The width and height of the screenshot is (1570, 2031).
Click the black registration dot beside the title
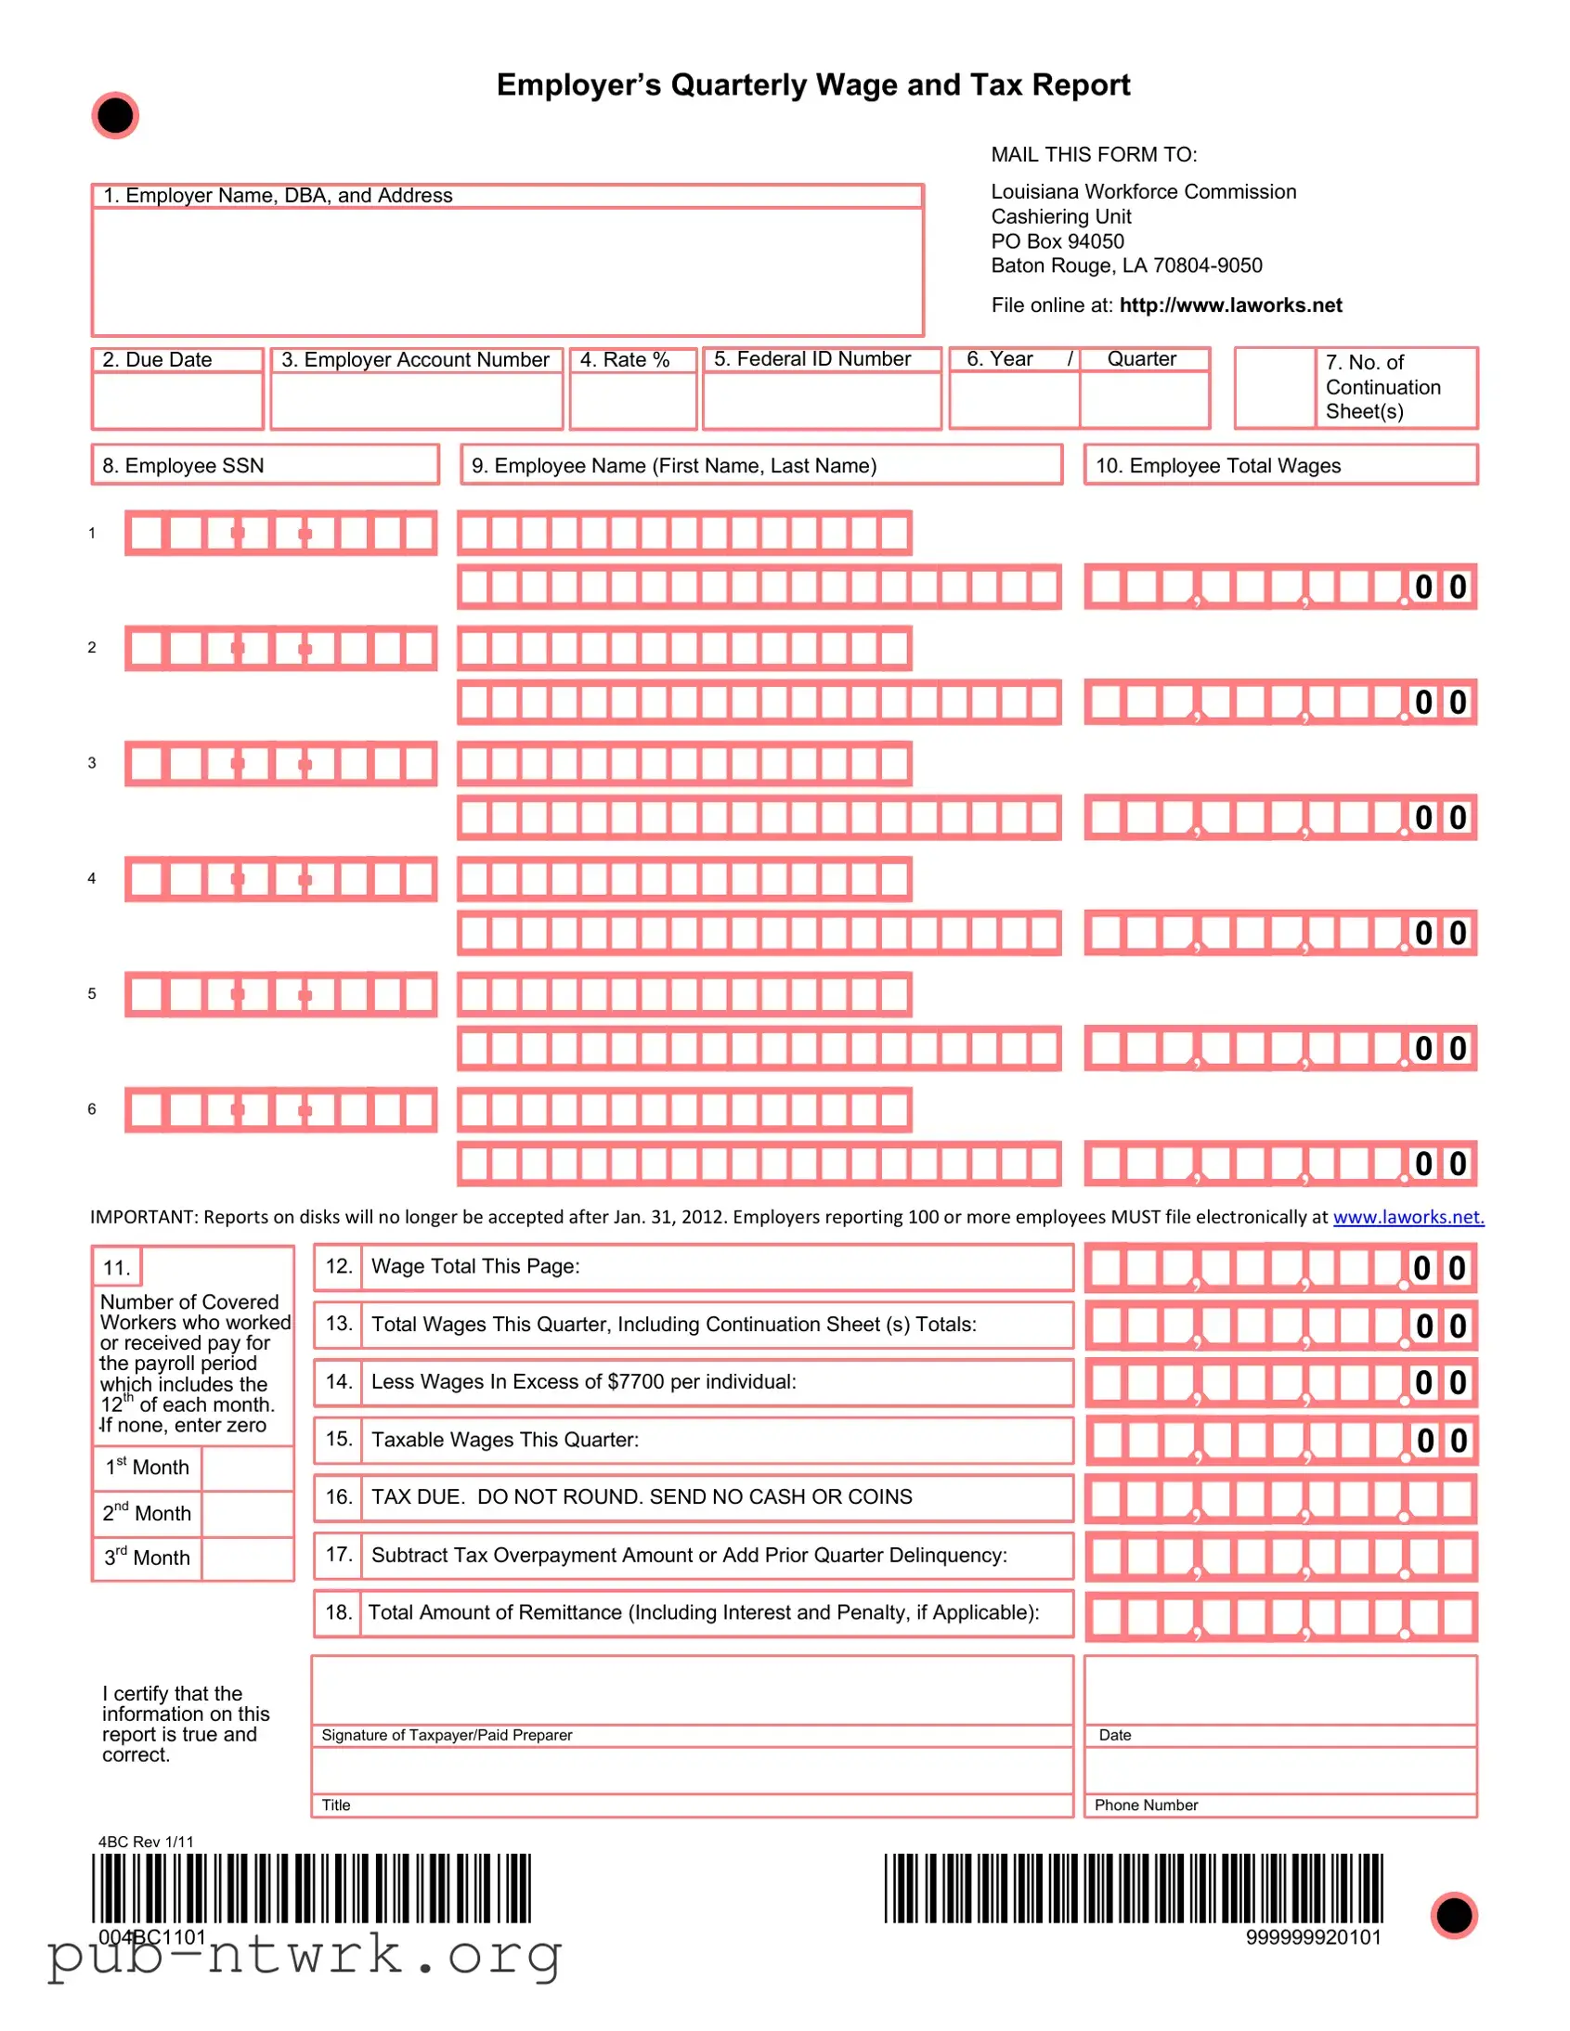click(x=114, y=116)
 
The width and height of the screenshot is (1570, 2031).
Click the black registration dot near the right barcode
click(x=1454, y=1915)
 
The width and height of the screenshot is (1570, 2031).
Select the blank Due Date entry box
click(x=176, y=401)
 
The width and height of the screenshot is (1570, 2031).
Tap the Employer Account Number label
click(x=415, y=360)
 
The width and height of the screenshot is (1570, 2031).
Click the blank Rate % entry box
click(x=632, y=401)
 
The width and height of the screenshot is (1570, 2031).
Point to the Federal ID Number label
click(x=811, y=359)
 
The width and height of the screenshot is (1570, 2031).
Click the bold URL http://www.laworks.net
click(x=1230, y=305)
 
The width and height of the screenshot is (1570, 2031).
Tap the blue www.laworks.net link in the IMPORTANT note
click(x=1408, y=1216)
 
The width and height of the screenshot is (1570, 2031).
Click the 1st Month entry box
click(x=247, y=1468)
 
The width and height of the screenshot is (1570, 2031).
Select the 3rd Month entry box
click(x=247, y=1558)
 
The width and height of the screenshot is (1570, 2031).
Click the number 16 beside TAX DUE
click(x=338, y=1496)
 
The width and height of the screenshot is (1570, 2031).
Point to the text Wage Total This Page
click(x=475, y=1265)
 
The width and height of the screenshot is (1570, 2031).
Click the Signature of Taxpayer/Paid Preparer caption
click(x=447, y=1734)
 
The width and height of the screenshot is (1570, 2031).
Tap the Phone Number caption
click(x=1145, y=1805)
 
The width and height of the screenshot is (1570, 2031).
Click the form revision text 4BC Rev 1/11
click(x=146, y=1842)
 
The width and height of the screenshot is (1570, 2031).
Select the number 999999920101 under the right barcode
click(x=1314, y=1937)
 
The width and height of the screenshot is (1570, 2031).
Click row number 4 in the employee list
click(x=91, y=878)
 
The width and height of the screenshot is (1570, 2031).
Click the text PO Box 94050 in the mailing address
click(x=1057, y=240)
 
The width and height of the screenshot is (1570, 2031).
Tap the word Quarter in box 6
click(x=1140, y=359)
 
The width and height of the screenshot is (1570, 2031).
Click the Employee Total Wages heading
click(x=1217, y=465)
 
